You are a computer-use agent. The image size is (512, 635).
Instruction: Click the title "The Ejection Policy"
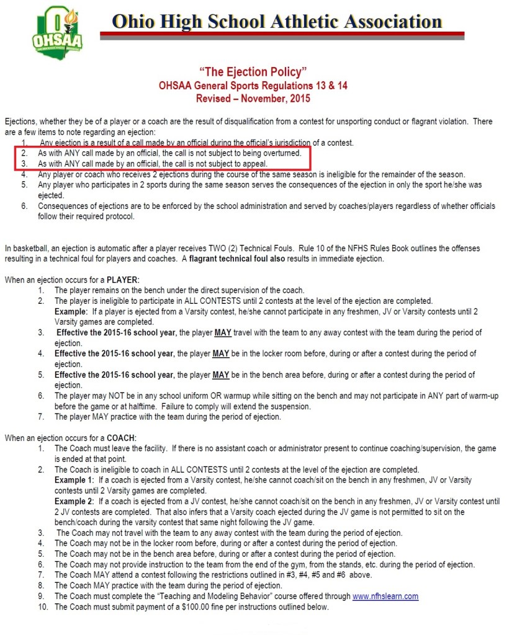(x=254, y=72)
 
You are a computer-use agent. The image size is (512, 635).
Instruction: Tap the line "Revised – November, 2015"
(x=254, y=98)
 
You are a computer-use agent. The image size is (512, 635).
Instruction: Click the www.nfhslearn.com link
(x=385, y=596)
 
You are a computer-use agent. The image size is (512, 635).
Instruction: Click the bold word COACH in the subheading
(x=120, y=438)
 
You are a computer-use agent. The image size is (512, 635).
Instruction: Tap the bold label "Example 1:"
(x=74, y=480)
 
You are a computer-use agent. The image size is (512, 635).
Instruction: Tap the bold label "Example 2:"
(x=74, y=500)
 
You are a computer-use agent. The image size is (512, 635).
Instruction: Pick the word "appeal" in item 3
(x=253, y=164)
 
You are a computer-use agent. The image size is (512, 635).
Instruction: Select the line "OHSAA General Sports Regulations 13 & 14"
(x=254, y=85)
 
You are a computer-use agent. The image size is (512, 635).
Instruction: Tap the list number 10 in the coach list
(x=41, y=606)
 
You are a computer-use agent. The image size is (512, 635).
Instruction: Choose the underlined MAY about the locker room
(x=222, y=353)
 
